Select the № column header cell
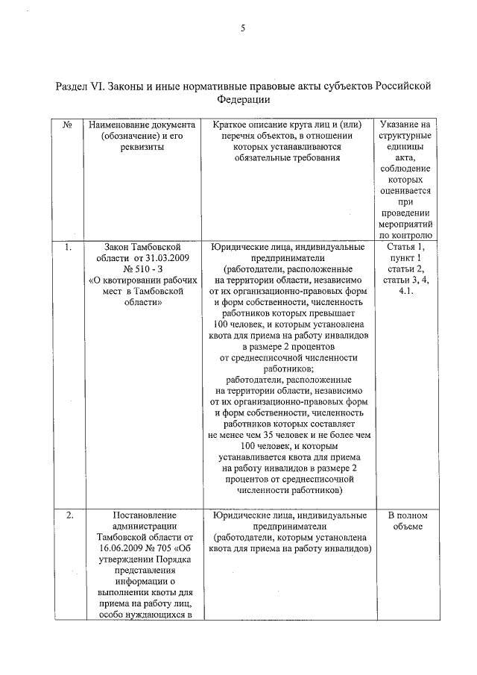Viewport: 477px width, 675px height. click(x=67, y=124)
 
